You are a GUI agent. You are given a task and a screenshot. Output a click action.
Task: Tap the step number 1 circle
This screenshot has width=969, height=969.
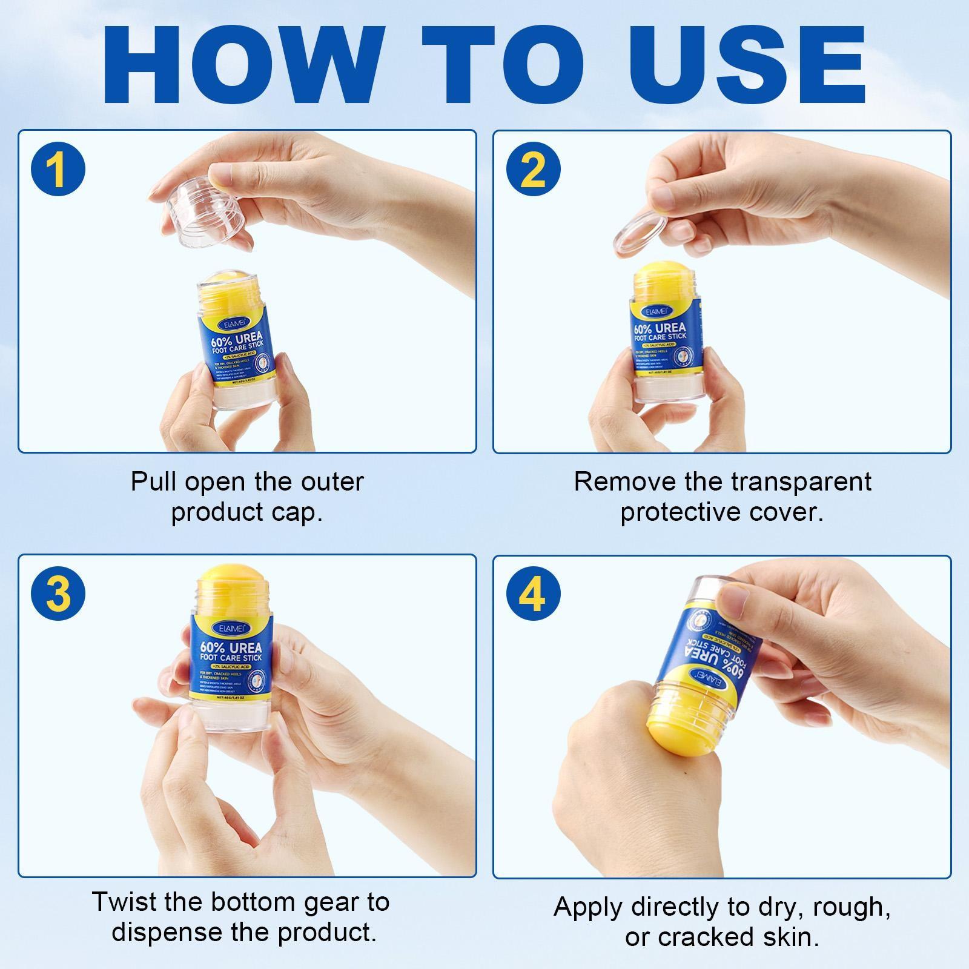[58, 170]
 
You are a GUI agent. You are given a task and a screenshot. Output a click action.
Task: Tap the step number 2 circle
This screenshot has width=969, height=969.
[533, 170]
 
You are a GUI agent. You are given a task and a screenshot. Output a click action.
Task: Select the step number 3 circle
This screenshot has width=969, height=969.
[58, 594]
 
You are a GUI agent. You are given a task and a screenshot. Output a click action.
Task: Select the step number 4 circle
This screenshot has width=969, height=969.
[533, 594]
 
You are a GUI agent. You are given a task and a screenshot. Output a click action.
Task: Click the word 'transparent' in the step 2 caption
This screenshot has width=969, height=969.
[801, 482]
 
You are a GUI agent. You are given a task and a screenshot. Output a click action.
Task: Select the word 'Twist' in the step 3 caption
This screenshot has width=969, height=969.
[124, 902]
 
